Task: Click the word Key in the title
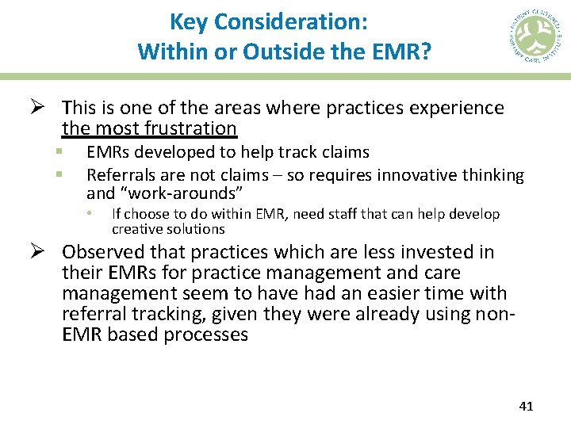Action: click(x=188, y=23)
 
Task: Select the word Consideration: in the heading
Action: click(x=289, y=23)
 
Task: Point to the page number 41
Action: click(x=525, y=406)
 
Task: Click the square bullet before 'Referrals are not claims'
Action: click(x=59, y=172)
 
